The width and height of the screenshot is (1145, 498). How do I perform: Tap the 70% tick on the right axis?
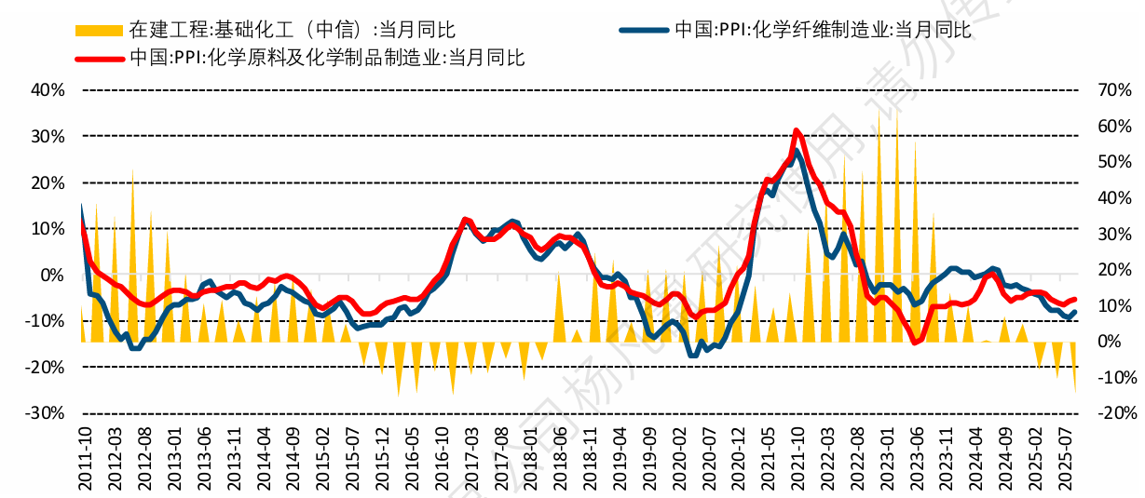(1114, 90)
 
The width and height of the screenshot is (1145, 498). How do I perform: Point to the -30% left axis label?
(47, 413)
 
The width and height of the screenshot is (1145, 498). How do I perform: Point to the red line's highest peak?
(796, 130)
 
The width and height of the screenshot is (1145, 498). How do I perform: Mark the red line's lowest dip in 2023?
(915, 343)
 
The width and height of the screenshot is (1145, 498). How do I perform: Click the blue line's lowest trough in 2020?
(692, 355)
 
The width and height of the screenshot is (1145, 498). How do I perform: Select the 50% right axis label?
(1114, 162)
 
